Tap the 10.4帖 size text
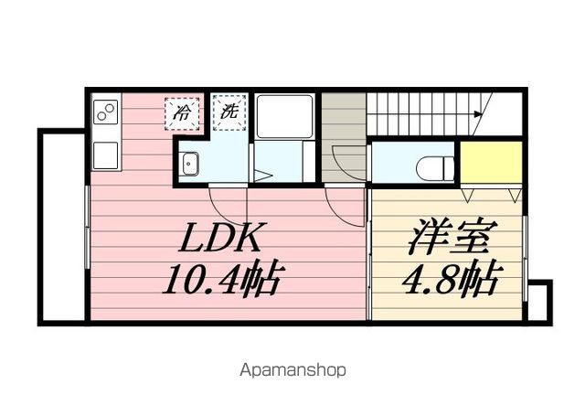(221, 280)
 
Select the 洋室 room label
(453, 237)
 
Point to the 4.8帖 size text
(450, 279)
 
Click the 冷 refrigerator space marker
(182, 113)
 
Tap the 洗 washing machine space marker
(229, 112)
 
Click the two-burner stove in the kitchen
(106, 112)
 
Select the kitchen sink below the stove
(106, 155)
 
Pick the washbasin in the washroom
(190, 164)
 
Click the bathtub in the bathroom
(285, 117)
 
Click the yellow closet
(491, 163)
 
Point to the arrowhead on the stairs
(478, 113)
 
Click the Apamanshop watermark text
(292, 370)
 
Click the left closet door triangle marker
(468, 195)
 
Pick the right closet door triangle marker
(515, 195)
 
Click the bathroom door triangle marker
(263, 176)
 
